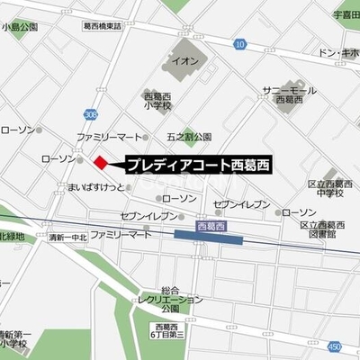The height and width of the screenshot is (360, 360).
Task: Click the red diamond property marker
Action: pyautogui.click(x=100, y=162)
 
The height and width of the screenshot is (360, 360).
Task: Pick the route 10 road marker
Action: pyautogui.click(x=239, y=43)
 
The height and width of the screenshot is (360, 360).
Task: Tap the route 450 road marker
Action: pyautogui.click(x=335, y=346)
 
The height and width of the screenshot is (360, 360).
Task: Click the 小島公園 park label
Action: pyautogui.click(x=20, y=28)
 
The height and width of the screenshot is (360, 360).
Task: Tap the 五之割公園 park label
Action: pyautogui.click(x=188, y=137)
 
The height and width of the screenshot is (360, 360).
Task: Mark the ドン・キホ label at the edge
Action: pyautogui.click(x=340, y=54)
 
